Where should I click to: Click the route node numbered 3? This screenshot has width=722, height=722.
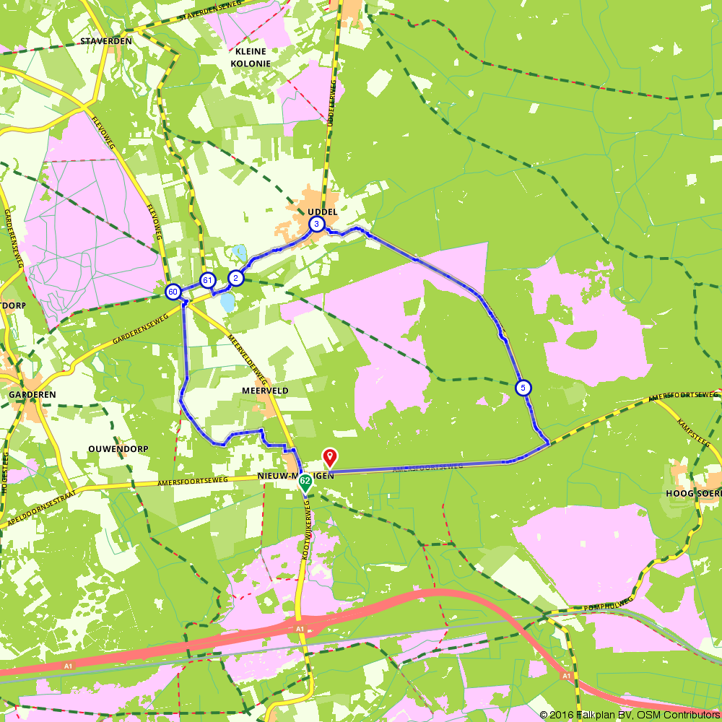(316, 225)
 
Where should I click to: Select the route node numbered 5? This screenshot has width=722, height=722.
(523, 388)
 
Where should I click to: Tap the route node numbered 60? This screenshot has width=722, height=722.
(173, 292)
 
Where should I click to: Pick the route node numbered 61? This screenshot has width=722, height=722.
(208, 280)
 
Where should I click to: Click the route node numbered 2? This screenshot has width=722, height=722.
(235, 278)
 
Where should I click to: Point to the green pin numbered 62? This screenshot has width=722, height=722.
(305, 481)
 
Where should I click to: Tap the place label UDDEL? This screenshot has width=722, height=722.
(322, 212)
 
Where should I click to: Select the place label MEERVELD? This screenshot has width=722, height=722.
(265, 391)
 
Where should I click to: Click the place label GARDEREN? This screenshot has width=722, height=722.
(32, 395)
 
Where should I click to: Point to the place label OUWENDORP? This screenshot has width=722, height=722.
(118, 448)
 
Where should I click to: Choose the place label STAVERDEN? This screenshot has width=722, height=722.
(107, 41)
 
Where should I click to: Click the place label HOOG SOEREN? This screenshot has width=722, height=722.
(691, 493)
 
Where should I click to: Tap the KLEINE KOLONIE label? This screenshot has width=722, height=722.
(249, 57)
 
